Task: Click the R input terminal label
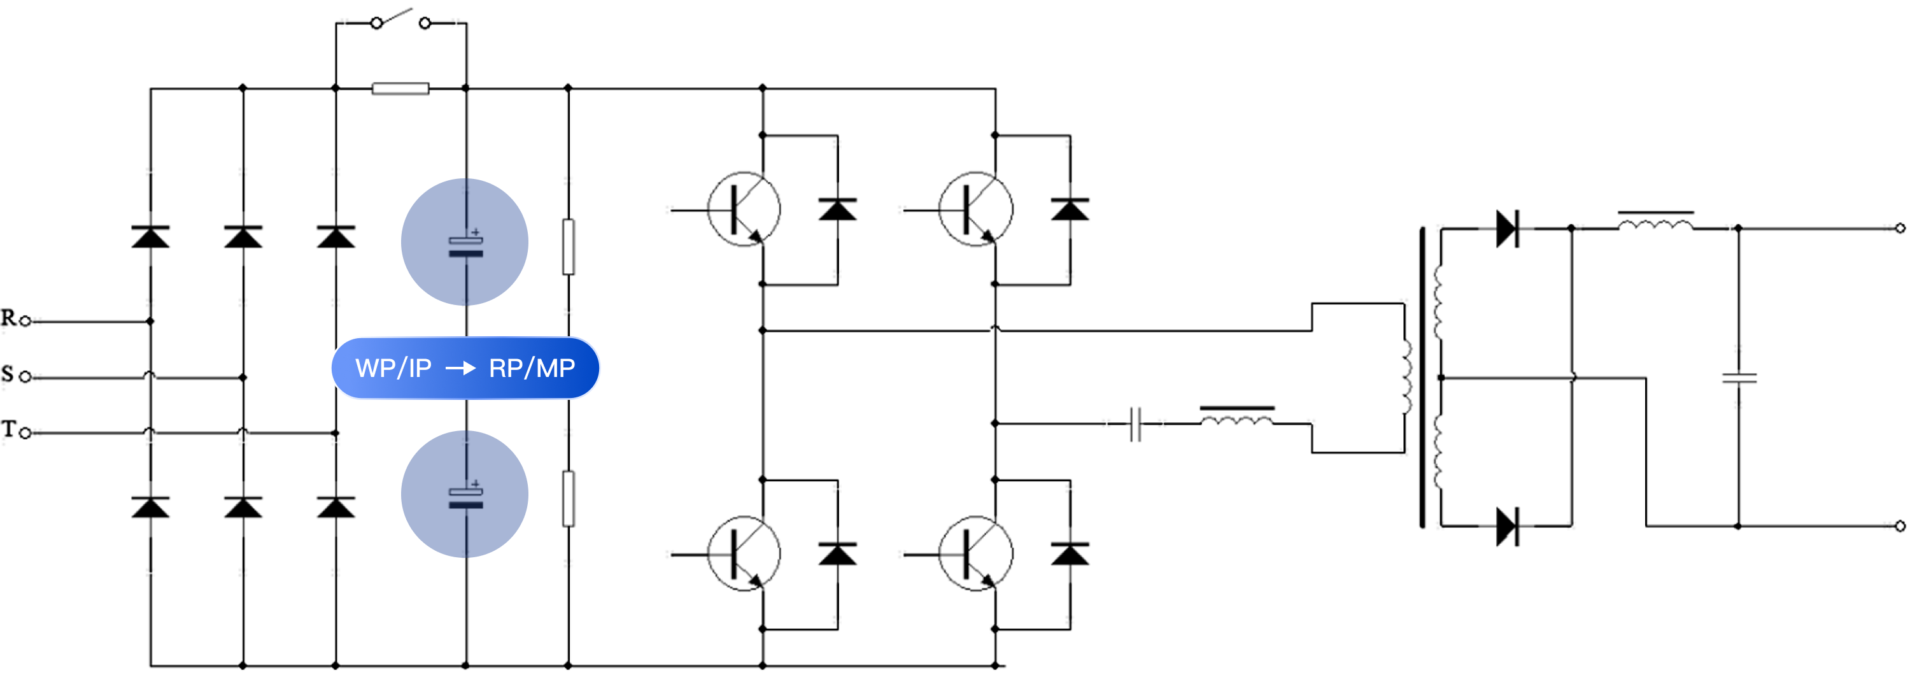[8, 318]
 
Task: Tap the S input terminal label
[8, 373]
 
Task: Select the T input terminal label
[8, 429]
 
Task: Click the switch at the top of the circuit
[400, 22]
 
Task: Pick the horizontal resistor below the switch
[400, 89]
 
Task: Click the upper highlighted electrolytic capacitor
[465, 243]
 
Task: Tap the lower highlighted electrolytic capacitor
[465, 495]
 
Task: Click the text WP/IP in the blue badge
[393, 368]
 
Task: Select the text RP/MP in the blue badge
[532, 368]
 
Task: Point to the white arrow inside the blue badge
[460, 368]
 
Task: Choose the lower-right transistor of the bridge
[976, 553]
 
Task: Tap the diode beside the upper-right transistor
[1070, 210]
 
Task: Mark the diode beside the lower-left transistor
[838, 554]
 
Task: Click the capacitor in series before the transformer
[1135, 423]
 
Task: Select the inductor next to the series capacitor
[1237, 420]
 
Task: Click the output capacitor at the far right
[1739, 378]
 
